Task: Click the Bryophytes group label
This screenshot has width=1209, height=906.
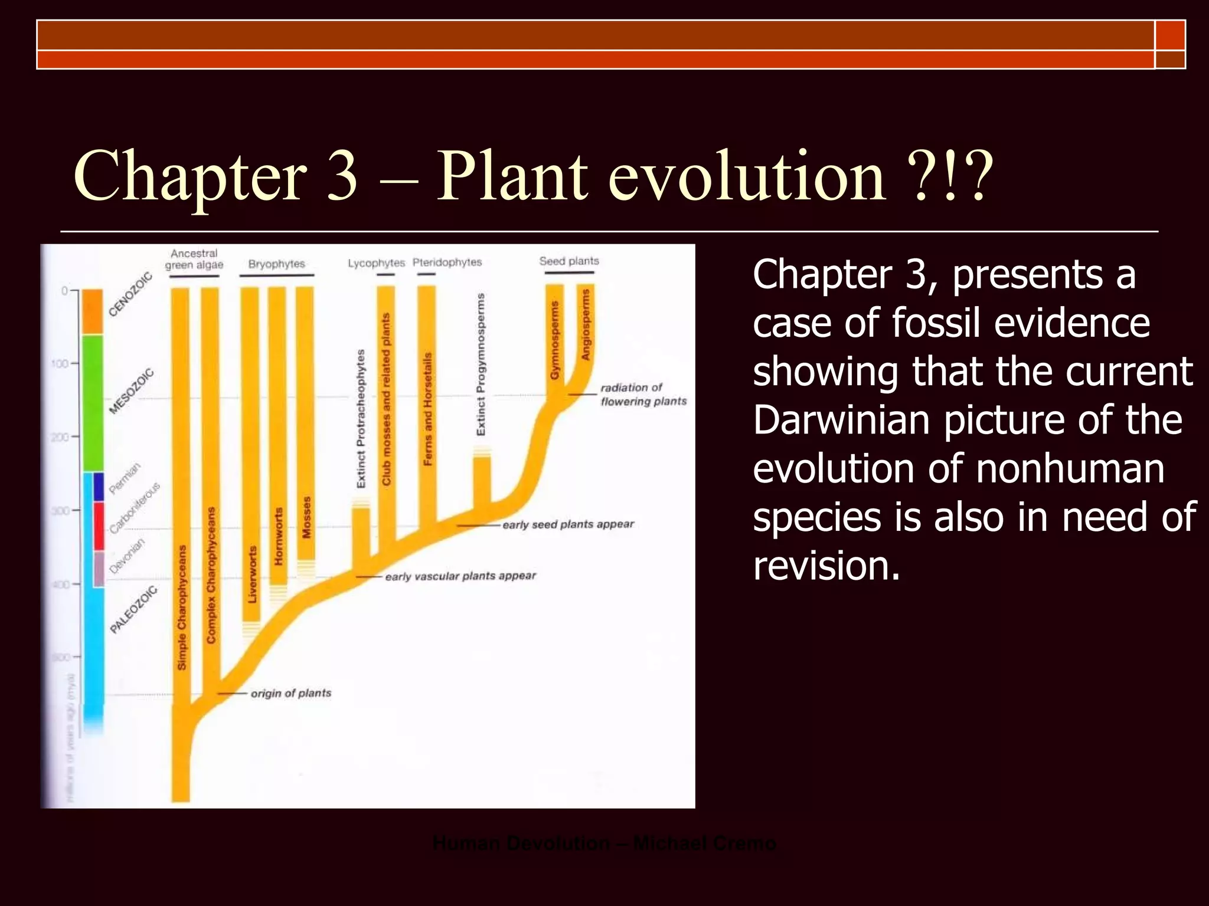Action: pos(276,264)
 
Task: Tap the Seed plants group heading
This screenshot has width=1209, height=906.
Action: pos(569,261)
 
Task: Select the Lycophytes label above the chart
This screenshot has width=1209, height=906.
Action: pos(376,262)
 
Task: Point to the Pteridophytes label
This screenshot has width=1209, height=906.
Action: pos(447,262)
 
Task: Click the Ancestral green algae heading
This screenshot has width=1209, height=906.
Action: pos(194,259)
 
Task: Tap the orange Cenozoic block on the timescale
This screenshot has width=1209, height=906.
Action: pos(92,311)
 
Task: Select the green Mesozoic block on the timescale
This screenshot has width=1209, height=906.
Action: pos(92,403)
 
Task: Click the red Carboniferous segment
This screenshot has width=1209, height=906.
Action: pos(99,526)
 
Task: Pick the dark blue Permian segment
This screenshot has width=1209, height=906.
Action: pos(99,486)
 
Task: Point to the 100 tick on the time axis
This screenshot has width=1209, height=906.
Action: pos(60,363)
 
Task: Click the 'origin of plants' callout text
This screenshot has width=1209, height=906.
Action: pos(290,693)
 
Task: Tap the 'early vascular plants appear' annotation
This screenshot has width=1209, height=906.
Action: pos(460,576)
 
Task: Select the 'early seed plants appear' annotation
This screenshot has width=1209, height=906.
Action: pos(568,524)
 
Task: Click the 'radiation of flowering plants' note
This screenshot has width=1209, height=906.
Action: pos(643,394)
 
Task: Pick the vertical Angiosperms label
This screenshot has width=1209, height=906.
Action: pos(586,324)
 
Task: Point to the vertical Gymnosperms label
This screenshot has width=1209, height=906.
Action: pos(554,340)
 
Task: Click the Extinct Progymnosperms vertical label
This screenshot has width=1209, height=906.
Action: pos(481,365)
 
